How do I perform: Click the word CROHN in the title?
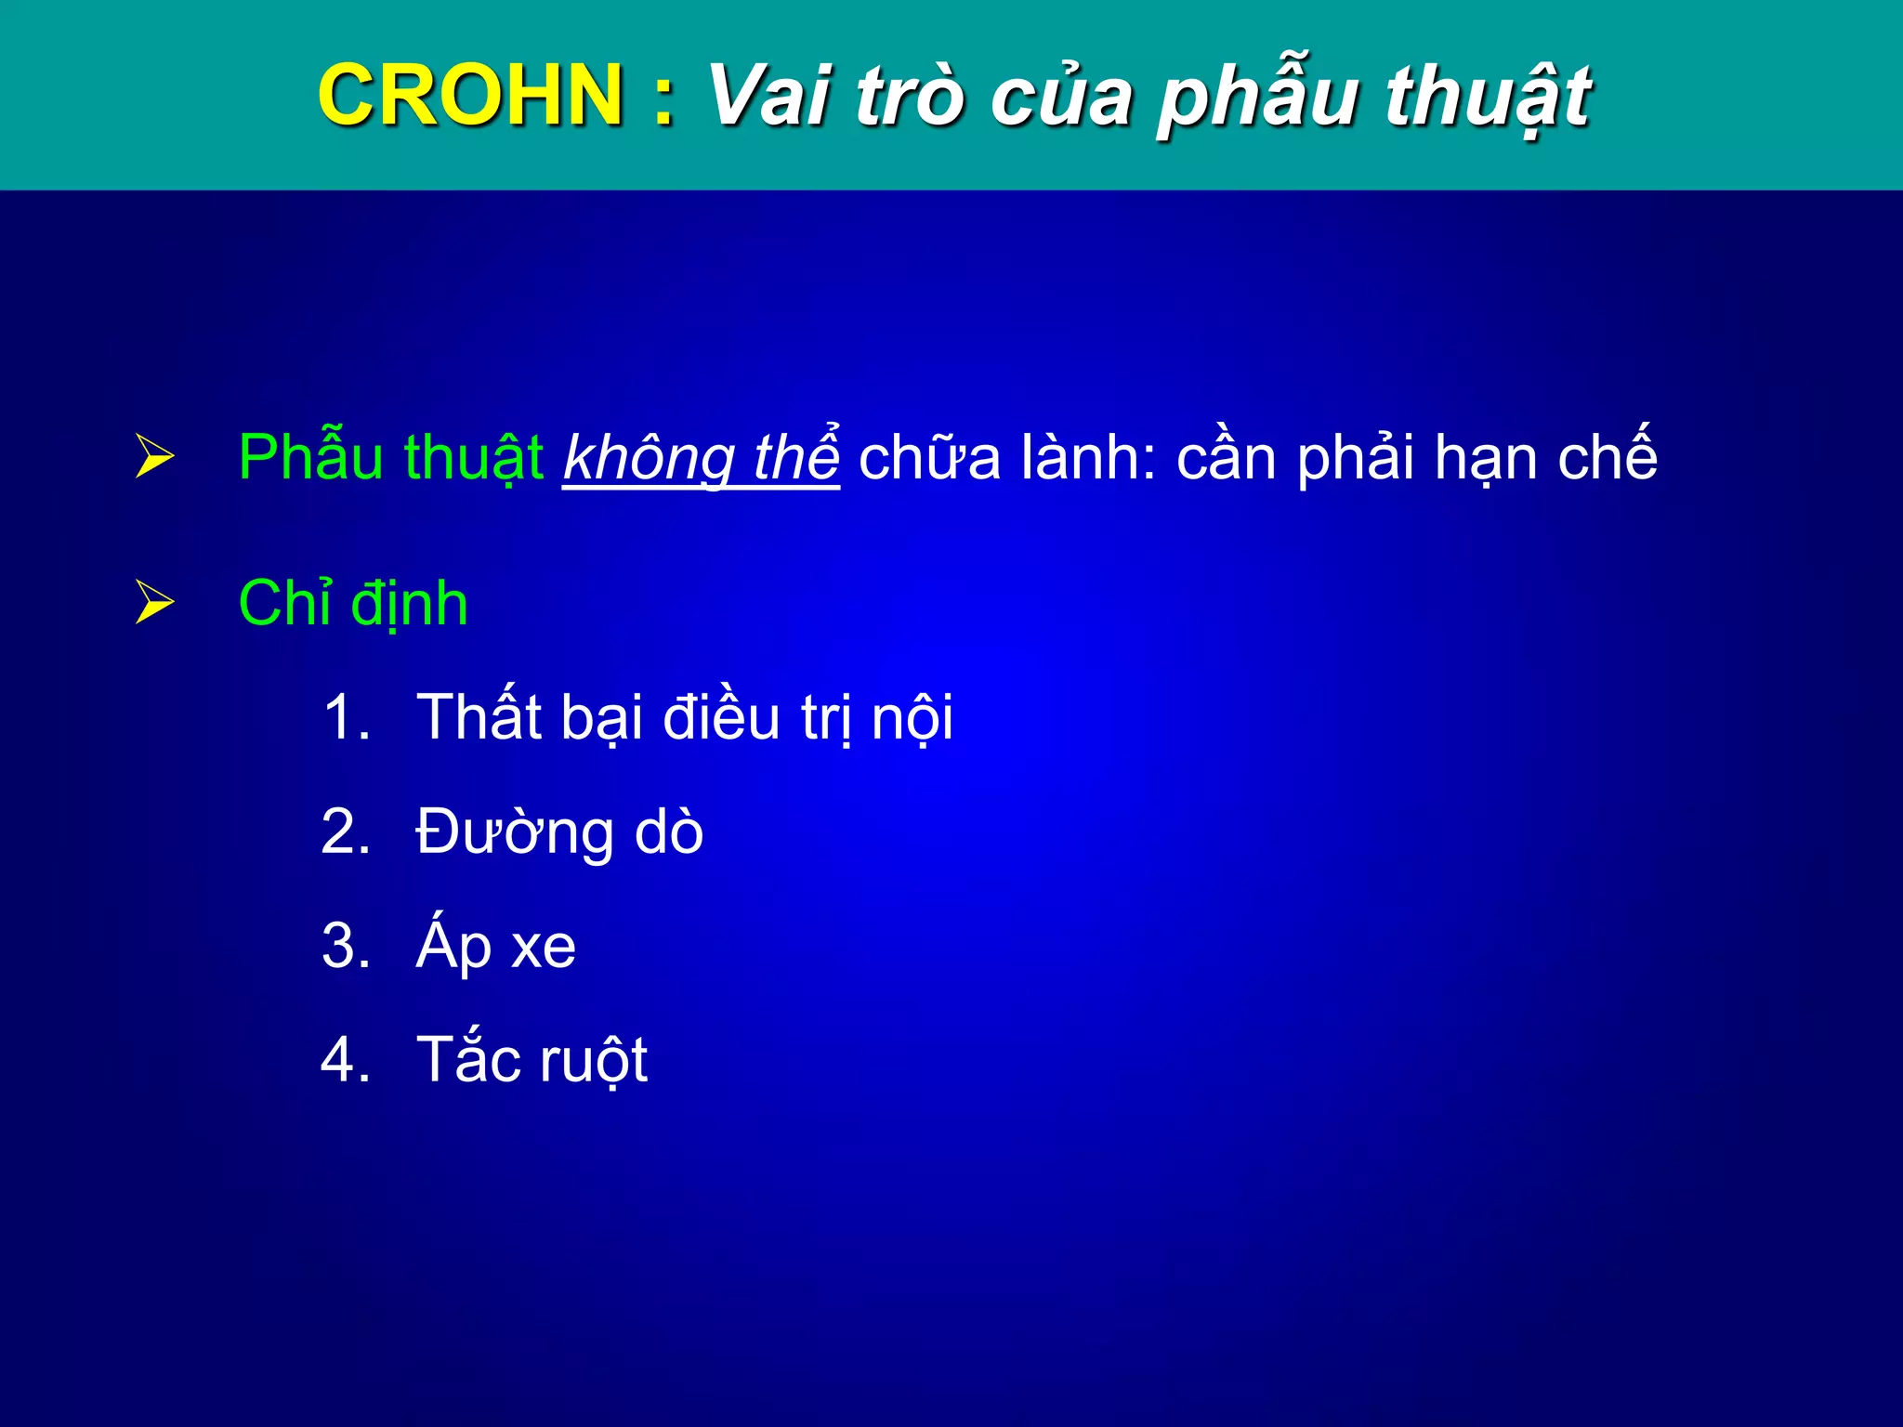click(x=469, y=95)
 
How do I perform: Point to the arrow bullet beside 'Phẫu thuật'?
click(x=154, y=456)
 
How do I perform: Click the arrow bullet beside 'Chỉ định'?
click(x=154, y=601)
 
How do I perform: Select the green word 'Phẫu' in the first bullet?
click(x=310, y=457)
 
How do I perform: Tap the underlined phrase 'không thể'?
click(x=701, y=457)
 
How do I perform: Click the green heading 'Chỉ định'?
click(x=353, y=603)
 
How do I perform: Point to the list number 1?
click(x=345, y=717)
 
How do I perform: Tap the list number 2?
click(x=345, y=831)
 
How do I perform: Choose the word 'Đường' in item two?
click(x=514, y=832)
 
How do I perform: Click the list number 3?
click(x=345, y=946)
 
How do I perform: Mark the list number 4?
click(x=345, y=1060)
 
